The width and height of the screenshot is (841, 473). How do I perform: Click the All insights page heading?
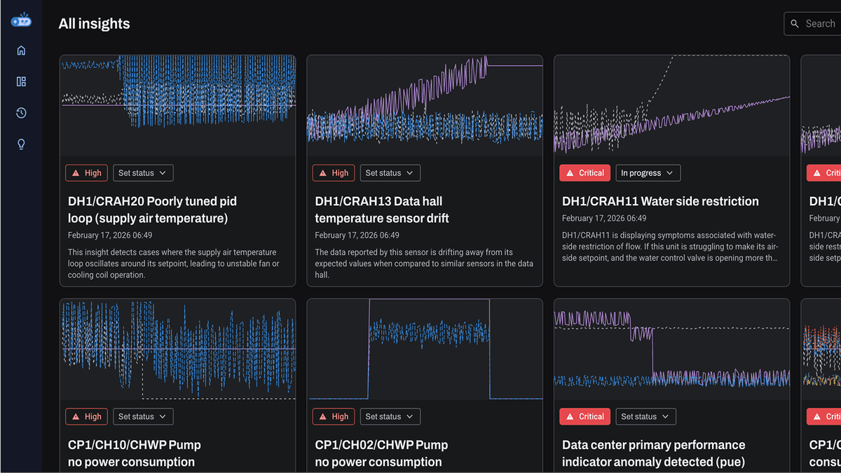coord(94,24)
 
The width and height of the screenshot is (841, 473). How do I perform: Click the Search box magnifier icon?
coord(795,24)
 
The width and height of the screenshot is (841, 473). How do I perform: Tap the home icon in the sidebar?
coord(21,50)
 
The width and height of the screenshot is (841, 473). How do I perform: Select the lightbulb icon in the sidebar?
coord(21,144)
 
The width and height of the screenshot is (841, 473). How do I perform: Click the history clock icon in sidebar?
coord(21,113)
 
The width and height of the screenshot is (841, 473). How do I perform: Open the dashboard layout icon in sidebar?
coord(21,82)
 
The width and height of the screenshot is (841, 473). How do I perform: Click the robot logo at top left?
coord(21,20)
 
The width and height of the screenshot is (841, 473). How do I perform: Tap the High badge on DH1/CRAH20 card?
coord(87,173)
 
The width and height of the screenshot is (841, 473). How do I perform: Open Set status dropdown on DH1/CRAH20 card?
coord(143,173)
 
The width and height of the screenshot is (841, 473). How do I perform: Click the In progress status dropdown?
coord(648,173)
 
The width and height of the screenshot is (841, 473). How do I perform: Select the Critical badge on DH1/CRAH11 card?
coord(584,173)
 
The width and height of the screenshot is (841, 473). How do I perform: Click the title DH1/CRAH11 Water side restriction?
coord(660,201)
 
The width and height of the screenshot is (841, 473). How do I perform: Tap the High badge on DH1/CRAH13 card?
coord(334,173)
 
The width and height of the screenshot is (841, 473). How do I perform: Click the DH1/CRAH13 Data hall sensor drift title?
coord(382,210)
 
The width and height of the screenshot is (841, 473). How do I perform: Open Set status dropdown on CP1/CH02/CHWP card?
coord(390,416)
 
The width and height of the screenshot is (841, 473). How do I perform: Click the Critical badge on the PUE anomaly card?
coord(584,416)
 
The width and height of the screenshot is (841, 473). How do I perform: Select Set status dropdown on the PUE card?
coord(645,416)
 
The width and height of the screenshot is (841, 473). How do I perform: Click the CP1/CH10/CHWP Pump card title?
coord(134,453)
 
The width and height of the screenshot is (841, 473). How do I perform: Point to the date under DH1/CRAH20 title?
coord(110,235)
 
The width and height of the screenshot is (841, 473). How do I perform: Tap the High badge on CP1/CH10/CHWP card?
coord(87,416)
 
